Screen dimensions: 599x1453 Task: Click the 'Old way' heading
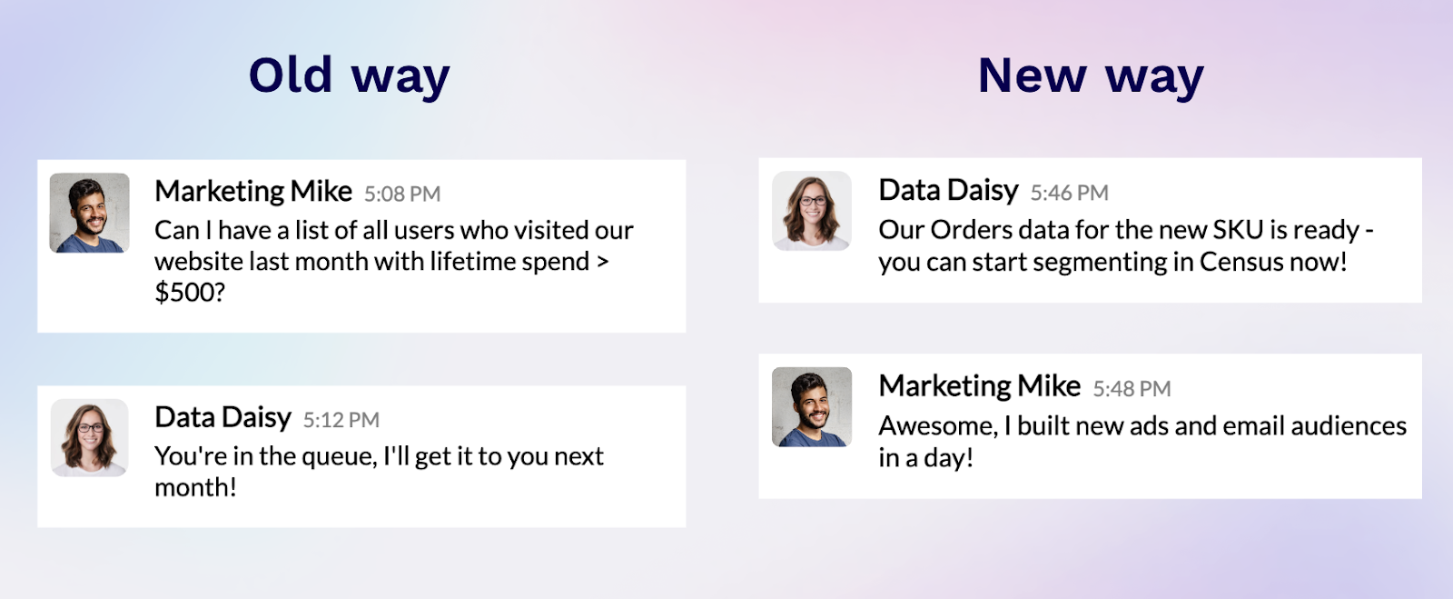[349, 76]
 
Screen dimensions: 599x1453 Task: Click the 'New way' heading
[1090, 76]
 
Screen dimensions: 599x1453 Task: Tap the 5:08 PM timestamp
[402, 195]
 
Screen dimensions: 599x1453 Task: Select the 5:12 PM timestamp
[341, 420]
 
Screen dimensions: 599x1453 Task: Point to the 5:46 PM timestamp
[1069, 193]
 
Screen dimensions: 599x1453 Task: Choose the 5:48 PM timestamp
[1132, 389]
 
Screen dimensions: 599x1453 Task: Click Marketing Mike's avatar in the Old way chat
[89, 213]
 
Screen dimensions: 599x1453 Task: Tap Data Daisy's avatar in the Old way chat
[89, 437]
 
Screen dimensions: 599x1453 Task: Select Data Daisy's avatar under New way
[812, 210]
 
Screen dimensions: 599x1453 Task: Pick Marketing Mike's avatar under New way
[812, 406]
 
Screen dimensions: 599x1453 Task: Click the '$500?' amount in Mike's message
[190, 293]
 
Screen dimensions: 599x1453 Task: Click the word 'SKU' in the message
[1238, 230]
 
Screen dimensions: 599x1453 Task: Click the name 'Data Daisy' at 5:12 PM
[222, 417]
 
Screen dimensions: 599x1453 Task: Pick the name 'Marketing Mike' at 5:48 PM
[979, 386]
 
